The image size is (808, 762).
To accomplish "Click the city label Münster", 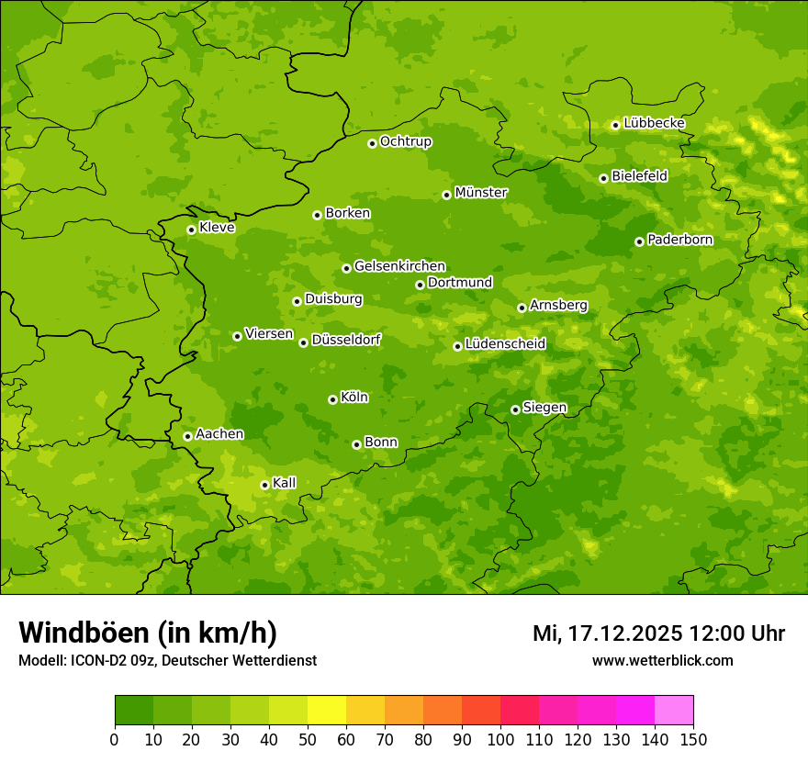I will tap(481, 193).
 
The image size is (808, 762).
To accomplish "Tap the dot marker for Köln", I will tap(332, 399).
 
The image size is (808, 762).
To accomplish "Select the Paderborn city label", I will tap(679, 240).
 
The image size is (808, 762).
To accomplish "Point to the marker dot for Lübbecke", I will tap(615, 125).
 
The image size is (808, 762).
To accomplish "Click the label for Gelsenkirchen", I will tap(399, 266).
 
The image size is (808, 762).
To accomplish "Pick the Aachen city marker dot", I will tap(187, 436).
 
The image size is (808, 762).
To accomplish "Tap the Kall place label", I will tap(285, 483).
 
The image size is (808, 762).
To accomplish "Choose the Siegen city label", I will tap(544, 408).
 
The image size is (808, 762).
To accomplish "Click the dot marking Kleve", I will tap(191, 230).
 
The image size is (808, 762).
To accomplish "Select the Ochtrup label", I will tap(406, 141).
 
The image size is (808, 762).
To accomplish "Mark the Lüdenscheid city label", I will tap(505, 344).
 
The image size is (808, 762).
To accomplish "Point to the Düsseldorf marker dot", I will tap(303, 342).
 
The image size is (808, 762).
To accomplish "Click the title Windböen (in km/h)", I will tap(148, 633).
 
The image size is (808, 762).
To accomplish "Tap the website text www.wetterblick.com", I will tap(662, 660).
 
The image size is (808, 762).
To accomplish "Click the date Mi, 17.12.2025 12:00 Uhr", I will tap(658, 633).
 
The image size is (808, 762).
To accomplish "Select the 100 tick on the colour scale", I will tap(499, 739).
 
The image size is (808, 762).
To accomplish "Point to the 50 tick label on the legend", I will tap(307, 739).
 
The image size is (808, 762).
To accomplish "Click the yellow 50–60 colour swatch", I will tap(326, 711).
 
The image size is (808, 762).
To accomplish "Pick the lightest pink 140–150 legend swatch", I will tap(673, 711).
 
